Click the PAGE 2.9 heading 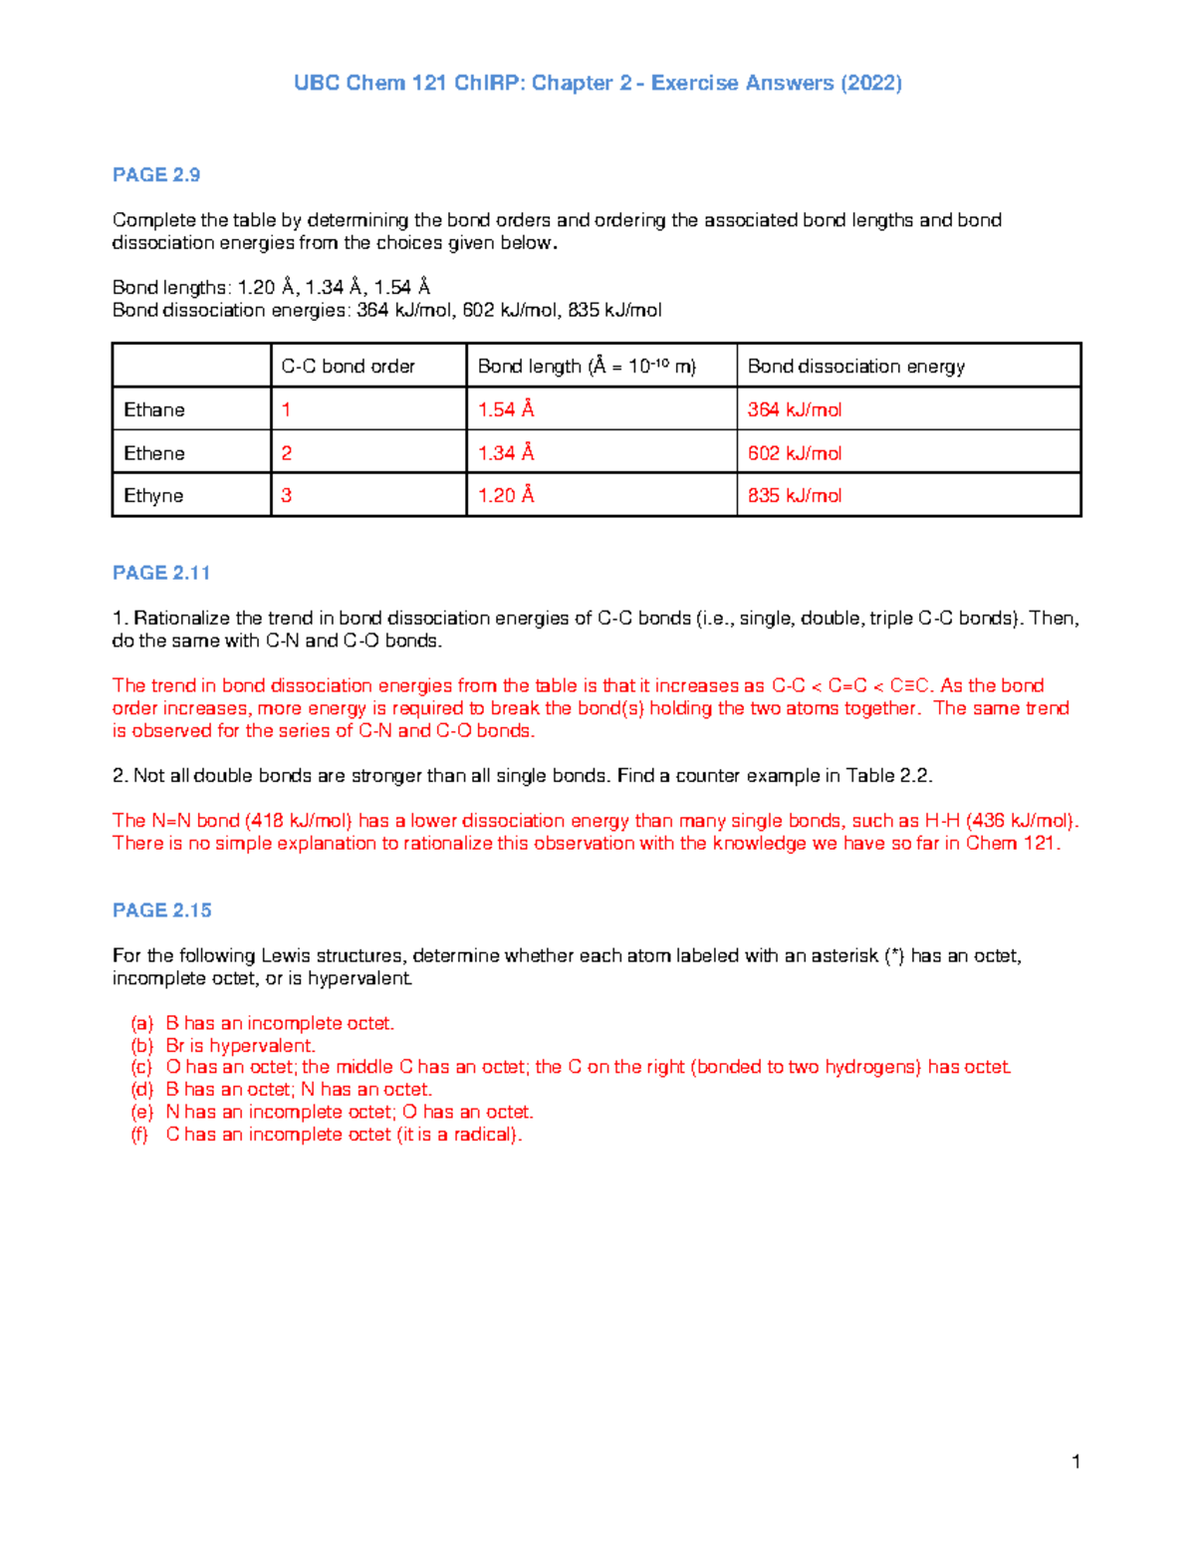(x=156, y=175)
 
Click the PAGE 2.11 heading (x=161, y=573)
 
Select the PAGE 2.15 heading (x=162, y=910)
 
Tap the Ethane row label (x=154, y=409)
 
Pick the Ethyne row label (x=153, y=496)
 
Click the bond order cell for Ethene (x=287, y=453)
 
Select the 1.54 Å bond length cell (x=506, y=409)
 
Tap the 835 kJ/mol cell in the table (x=795, y=496)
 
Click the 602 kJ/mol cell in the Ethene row (x=795, y=453)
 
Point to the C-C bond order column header (x=348, y=367)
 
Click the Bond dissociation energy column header (x=856, y=367)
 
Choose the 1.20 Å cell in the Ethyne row (x=506, y=496)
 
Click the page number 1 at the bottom (x=1076, y=1461)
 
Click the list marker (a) (x=141, y=1023)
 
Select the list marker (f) (x=139, y=1135)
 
